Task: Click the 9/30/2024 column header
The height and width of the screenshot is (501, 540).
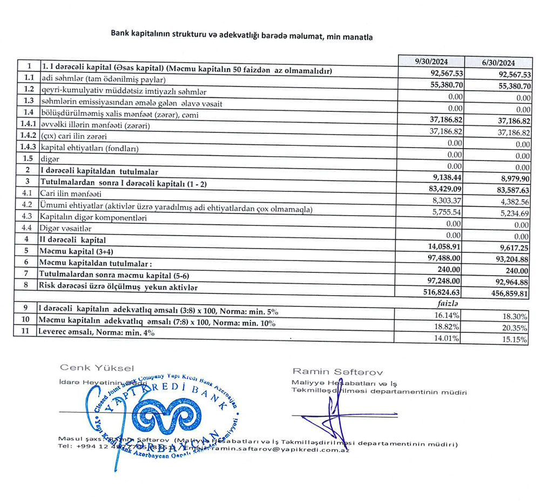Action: [x=430, y=61]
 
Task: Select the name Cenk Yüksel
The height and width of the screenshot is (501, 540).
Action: [x=97, y=368]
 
